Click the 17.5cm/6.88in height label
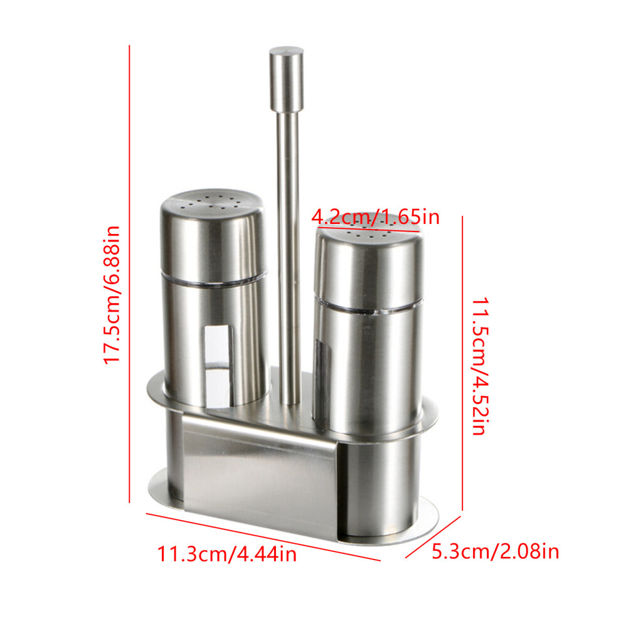(x=111, y=295)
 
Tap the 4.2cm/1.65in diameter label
(x=376, y=217)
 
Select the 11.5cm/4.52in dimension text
(x=480, y=366)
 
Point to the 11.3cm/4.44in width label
(x=227, y=554)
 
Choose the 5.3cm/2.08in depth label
(x=495, y=551)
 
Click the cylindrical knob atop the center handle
(x=287, y=79)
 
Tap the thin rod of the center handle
(x=289, y=257)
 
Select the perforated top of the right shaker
(x=369, y=234)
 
